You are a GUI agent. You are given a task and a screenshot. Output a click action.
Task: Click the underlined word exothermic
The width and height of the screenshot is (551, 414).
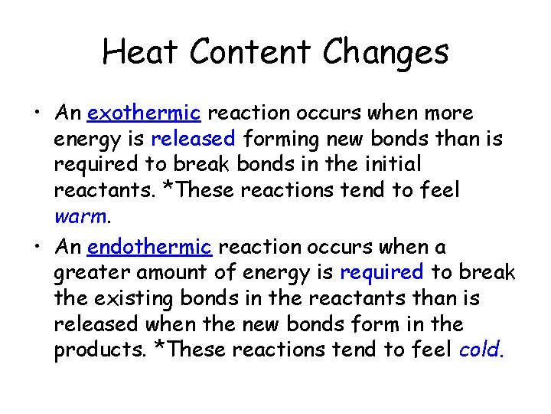point(144,113)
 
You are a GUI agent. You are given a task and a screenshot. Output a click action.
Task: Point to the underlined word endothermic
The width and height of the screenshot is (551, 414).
point(149,247)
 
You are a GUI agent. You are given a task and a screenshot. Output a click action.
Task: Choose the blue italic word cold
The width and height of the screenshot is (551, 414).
point(480,350)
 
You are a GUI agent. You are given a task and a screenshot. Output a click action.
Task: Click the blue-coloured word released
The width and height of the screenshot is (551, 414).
point(193,139)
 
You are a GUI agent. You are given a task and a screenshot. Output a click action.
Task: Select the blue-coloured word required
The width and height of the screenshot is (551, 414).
point(381,272)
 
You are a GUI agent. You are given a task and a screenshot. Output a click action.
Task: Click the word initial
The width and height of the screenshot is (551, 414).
point(393,164)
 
